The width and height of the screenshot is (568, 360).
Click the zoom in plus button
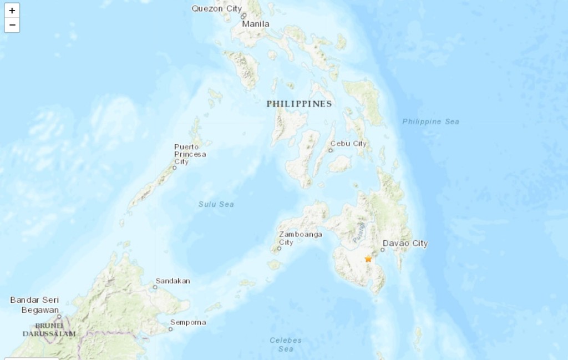(x=12, y=11)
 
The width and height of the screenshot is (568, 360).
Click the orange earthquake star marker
(x=368, y=258)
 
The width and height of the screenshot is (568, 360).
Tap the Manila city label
(x=256, y=24)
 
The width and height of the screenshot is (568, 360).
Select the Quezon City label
(x=217, y=8)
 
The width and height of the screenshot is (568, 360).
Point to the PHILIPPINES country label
(x=299, y=104)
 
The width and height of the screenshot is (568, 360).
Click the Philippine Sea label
(x=431, y=121)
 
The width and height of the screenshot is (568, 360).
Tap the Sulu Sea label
(x=216, y=204)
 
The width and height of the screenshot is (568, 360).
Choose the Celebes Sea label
(x=286, y=344)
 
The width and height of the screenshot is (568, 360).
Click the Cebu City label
(x=348, y=144)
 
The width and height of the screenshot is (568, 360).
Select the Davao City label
(x=405, y=244)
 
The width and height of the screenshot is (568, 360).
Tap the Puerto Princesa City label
(x=190, y=154)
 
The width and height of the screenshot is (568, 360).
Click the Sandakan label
(x=173, y=281)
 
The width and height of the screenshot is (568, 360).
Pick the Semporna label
(x=188, y=322)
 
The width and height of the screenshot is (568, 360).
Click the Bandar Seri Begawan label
(x=34, y=305)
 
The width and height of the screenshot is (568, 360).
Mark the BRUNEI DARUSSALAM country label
(x=49, y=329)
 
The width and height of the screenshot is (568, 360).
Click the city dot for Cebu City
(x=331, y=150)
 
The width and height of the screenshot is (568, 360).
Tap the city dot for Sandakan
(x=155, y=287)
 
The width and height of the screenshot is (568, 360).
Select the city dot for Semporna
(x=170, y=329)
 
